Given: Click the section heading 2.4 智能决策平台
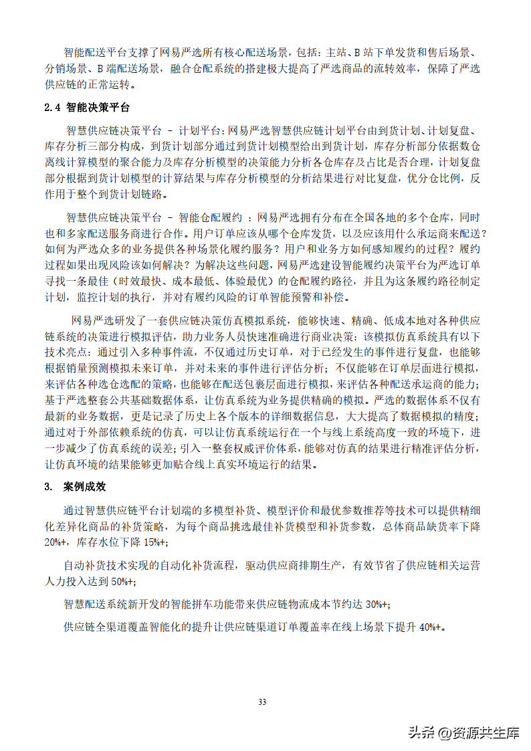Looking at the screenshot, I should [87, 108].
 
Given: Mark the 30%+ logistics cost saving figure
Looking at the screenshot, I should [379, 605].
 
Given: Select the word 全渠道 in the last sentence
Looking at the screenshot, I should [111, 627].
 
